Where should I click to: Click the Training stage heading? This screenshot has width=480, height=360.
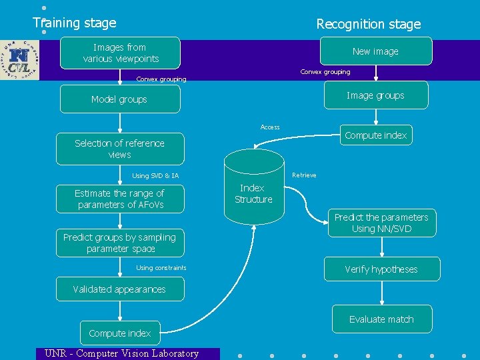(x=75, y=23)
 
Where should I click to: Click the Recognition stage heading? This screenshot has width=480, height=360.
(x=368, y=24)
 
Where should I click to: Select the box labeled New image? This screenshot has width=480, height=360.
(x=375, y=51)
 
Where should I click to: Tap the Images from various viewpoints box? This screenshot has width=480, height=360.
(x=120, y=53)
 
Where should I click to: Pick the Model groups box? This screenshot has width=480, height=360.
(x=120, y=99)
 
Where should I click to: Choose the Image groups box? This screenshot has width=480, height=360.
(x=375, y=95)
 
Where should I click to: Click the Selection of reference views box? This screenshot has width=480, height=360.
(x=120, y=149)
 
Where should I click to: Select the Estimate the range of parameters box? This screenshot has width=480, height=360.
(x=120, y=199)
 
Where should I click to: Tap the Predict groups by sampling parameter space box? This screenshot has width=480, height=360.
(x=120, y=243)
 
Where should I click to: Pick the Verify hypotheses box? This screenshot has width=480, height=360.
(x=381, y=269)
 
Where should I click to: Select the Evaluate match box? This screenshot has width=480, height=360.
(x=381, y=319)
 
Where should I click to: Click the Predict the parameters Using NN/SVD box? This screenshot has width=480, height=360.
(x=381, y=223)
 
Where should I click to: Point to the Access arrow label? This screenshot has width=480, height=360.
(x=270, y=127)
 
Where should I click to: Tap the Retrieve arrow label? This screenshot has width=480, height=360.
(x=304, y=175)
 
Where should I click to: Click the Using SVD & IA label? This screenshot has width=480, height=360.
(x=155, y=176)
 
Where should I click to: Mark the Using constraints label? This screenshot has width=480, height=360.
(x=161, y=268)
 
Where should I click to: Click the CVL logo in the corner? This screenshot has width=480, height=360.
(x=20, y=60)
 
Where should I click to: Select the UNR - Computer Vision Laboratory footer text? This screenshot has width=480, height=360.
(x=121, y=353)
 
